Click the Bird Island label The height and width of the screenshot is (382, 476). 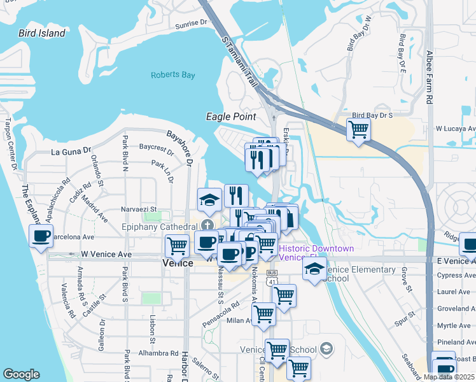coord(42,33)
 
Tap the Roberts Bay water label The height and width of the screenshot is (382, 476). coord(173,75)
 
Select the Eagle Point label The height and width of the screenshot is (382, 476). coord(231,117)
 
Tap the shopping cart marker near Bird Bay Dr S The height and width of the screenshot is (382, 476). coord(359,129)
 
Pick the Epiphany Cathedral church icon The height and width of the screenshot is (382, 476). coord(207,225)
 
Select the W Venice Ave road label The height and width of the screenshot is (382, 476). coord(106,254)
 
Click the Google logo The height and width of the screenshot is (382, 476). coord(21,374)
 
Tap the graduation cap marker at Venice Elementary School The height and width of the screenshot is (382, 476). coord(314,269)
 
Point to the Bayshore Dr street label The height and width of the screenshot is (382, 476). coord(179,147)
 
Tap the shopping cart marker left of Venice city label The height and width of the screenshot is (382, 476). coord(177,245)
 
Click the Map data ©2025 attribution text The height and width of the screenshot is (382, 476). coord(449,377)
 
